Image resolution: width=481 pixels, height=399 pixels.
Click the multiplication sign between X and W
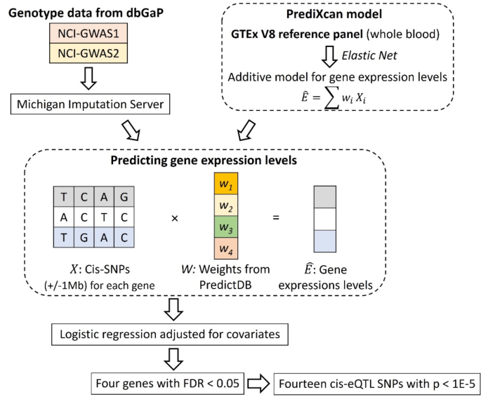(173, 217)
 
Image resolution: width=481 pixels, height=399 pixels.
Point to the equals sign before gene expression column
(276, 217)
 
